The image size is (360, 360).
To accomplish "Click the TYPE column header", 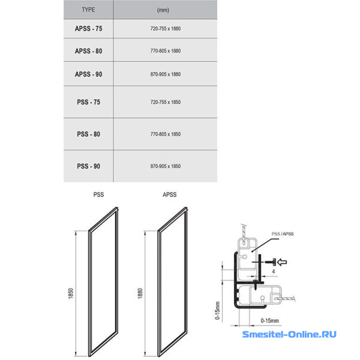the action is [88, 10].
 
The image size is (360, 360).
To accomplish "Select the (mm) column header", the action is [163, 10].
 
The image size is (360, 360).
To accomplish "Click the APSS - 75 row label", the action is [89, 29].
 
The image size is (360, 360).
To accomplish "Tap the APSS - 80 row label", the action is [89, 51].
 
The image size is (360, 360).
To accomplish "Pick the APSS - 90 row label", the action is [89, 74].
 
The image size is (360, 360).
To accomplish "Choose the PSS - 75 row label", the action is [89, 102].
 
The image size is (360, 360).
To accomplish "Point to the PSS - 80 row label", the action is [89, 134].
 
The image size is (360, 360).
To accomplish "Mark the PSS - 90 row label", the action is [89, 166].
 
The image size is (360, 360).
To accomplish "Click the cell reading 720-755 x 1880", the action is [166, 29].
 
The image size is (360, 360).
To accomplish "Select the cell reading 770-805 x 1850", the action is [166, 134].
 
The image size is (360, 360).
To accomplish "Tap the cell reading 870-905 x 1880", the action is [166, 74].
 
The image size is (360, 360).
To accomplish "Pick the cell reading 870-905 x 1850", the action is [166, 166].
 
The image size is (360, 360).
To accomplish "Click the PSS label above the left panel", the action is [98, 194].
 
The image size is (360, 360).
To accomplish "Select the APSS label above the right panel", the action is [170, 194].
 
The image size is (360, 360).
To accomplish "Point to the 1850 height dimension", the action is [71, 293].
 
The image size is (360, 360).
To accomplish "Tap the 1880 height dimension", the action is [140, 293].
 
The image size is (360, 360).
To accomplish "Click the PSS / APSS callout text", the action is [283, 234].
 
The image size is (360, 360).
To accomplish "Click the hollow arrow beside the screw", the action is [282, 262].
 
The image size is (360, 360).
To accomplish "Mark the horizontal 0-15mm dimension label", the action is [270, 321].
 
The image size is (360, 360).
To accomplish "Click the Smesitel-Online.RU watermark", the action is [289, 334].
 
